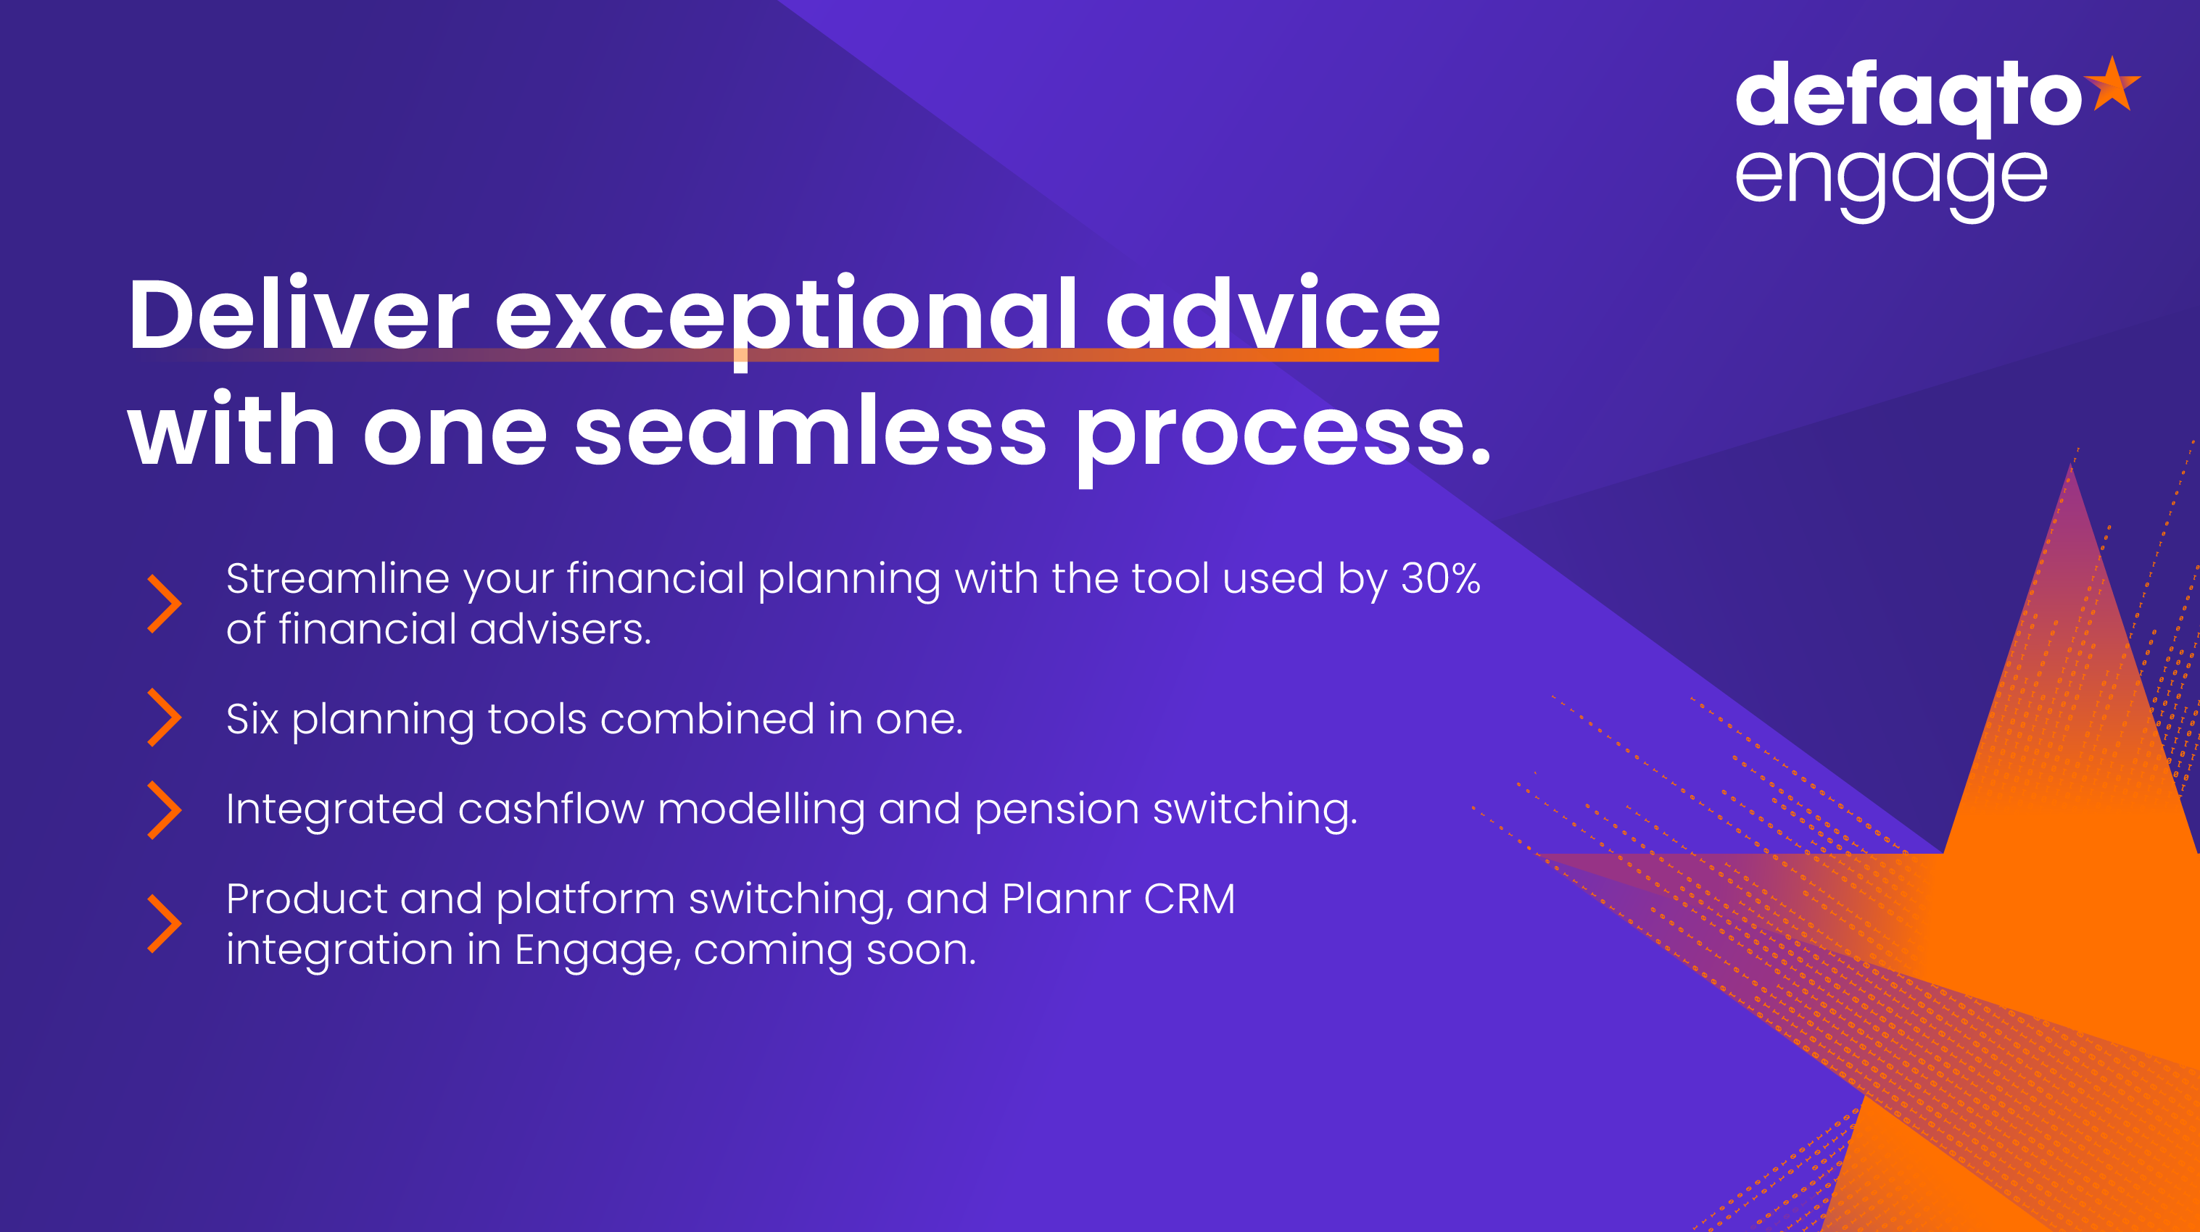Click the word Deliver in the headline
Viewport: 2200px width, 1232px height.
[x=298, y=315]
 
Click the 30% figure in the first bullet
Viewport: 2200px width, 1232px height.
[x=1441, y=578]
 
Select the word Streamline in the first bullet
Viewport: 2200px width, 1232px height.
[x=337, y=578]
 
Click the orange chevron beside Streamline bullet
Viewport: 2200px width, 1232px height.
[x=164, y=604]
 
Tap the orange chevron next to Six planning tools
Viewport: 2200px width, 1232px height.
[x=164, y=718]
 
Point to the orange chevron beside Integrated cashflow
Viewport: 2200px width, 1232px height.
[x=164, y=810]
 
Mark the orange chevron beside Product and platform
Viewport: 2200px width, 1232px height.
[x=164, y=924]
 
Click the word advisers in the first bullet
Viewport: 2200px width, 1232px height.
[x=561, y=629]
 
